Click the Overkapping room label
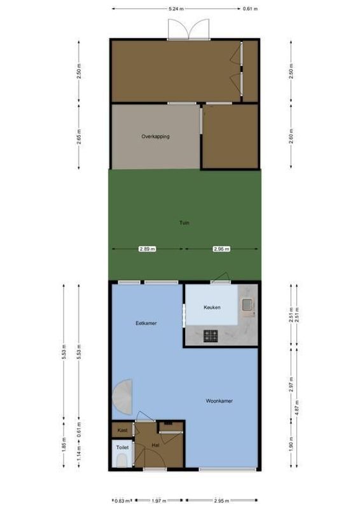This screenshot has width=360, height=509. tap(155, 136)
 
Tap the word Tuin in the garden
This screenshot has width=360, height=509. tap(184, 223)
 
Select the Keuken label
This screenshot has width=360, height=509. tap(212, 308)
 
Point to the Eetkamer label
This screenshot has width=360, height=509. tap(146, 323)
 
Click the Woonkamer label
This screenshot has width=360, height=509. tap(219, 401)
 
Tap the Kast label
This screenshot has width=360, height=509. tap(123, 430)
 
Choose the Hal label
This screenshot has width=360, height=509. tap(155, 445)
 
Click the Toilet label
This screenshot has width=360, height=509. tap(123, 447)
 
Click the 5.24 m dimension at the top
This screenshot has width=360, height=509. tap(176, 9)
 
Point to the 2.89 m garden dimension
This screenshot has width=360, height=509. tap(147, 249)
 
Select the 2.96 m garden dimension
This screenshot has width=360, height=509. tap(221, 249)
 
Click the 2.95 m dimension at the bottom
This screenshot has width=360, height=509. tap(222, 501)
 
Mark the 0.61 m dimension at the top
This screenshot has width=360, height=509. tap(251, 9)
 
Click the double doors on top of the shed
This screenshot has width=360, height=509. tap(188, 29)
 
